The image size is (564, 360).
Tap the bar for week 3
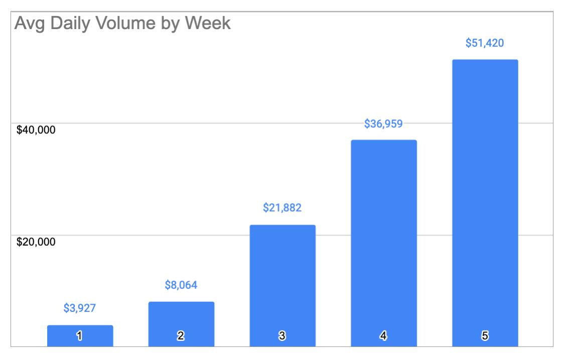(283, 281)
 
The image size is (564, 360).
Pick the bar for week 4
(384, 241)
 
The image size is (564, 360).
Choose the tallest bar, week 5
(485, 201)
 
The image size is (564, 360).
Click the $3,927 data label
(80, 308)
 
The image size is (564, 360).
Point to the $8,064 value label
(181, 285)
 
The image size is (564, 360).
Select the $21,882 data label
(283, 208)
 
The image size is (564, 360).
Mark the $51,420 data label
(485, 43)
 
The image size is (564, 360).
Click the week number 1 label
(80, 336)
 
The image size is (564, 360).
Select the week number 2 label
(182, 336)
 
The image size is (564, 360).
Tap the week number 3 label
(283, 336)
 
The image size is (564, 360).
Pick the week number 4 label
(384, 336)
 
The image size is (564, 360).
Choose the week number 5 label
(485, 336)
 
